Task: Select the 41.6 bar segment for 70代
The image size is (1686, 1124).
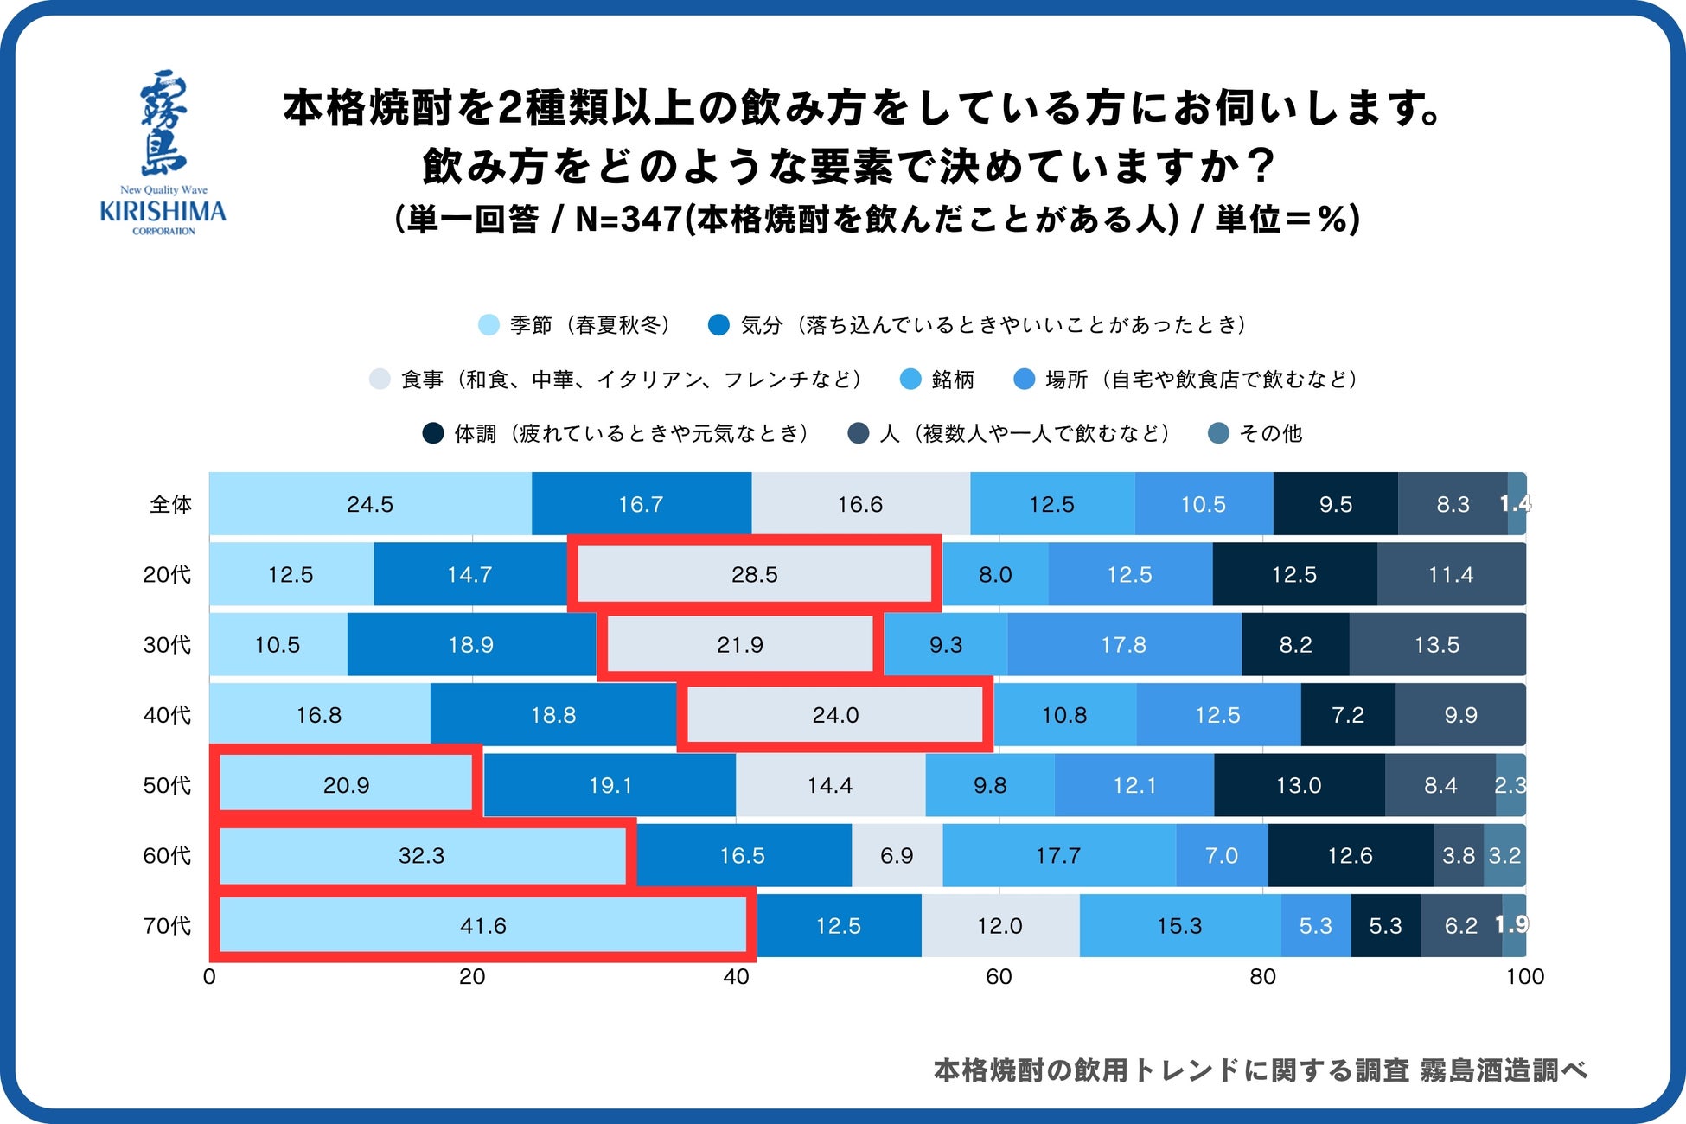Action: [482, 926]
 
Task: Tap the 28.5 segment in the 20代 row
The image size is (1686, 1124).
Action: [754, 575]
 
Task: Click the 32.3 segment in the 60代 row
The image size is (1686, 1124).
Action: [422, 856]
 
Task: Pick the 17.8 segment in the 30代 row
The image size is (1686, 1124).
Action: [1124, 645]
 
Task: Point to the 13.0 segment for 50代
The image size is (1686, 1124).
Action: [1299, 785]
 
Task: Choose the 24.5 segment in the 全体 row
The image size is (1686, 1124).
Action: [370, 504]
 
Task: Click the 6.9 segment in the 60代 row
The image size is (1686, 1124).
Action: [897, 856]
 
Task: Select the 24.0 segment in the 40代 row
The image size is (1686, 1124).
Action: [835, 715]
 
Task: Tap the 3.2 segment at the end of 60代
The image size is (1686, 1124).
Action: [1504, 856]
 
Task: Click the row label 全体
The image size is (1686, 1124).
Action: [170, 504]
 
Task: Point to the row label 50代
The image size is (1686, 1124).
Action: [167, 785]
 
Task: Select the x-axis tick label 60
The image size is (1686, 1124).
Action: [999, 977]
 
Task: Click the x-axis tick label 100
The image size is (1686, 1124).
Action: [1524, 977]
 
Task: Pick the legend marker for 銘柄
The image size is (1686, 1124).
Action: [910, 380]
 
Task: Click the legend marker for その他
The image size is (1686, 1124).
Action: [1218, 433]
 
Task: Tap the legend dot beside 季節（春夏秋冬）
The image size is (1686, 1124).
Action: [489, 325]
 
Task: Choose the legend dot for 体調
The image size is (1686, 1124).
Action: [433, 433]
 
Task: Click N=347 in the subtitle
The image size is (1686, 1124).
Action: [628, 220]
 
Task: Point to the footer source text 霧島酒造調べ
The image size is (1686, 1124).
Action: [1504, 1070]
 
